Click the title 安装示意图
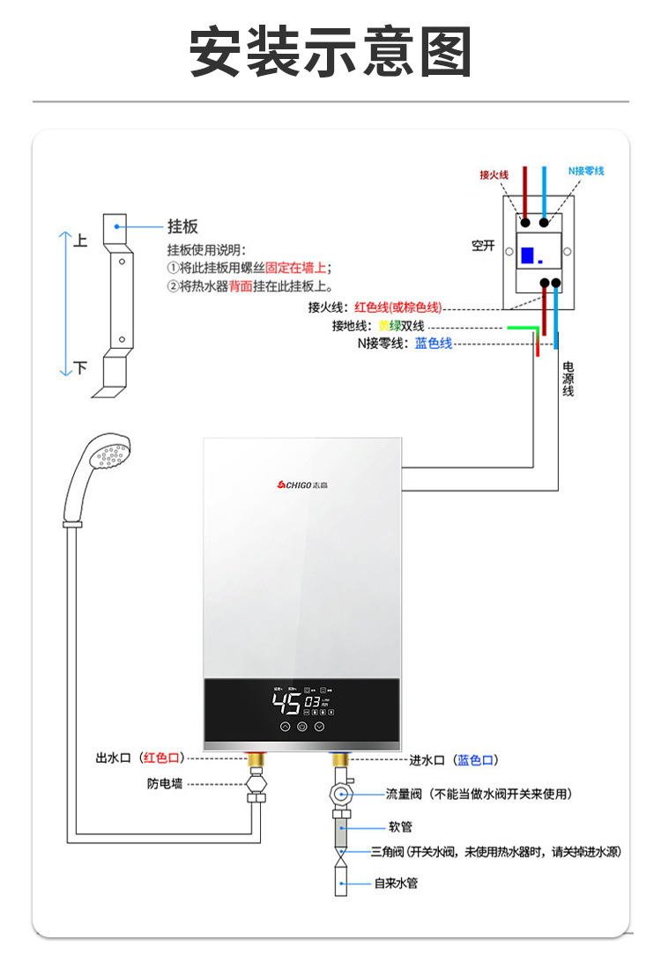pyautogui.click(x=330, y=52)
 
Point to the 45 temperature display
pyautogui.click(x=286, y=702)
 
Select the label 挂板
pyautogui.click(x=182, y=227)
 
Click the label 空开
pyautogui.click(x=483, y=246)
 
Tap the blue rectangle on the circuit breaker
pyautogui.click(x=528, y=255)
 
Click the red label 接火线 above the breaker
pyautogui.click(x=494, y=174)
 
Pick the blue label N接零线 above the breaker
pyautogui.click(x=585, y=170)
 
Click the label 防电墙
pyautogui.click(x=165, y=783)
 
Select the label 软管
pyautogui.click(x=400, y=827)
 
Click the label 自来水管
pyautogui.click(x=396, y=883)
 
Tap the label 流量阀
pyautogui.click(x=403, y=794)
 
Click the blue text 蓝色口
pyautogui.click(x=476, y=759)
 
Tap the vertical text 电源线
pyautogui.click(x=568, y=379)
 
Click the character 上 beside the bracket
pyautogui.click(x=80, y=240)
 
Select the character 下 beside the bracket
pyautogui.click(x=80, y=367)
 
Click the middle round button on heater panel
pyautogui.click(x=302, y=728)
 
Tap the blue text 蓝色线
pyautogui.click(x=434, y=344)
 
